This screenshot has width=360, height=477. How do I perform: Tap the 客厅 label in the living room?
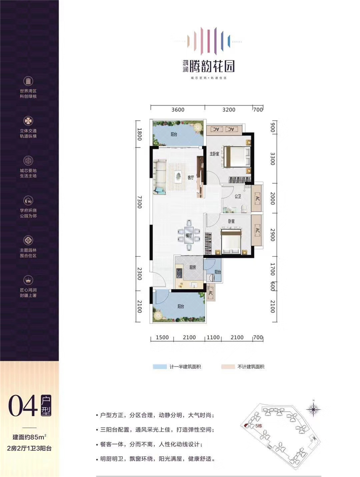click(190, 177)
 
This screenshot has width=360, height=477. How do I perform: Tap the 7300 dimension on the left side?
click(139, 202)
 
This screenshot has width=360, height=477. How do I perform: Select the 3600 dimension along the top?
click(178, 109)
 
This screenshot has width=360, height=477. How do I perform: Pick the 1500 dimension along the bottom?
click(162, 337)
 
